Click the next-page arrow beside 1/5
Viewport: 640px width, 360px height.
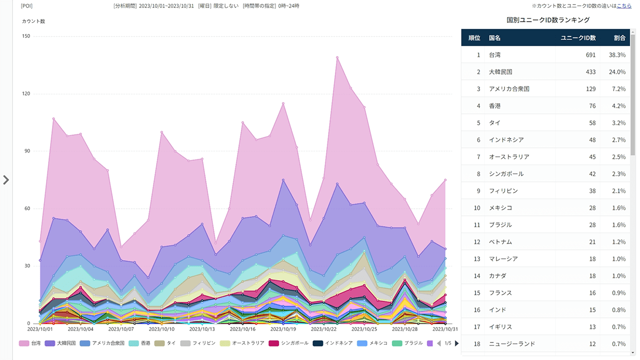pos(456,343)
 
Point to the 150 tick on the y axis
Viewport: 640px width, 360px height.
pos(26,36)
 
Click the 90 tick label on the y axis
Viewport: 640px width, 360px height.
pos(26,151)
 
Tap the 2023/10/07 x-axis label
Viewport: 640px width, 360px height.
pos(121,329)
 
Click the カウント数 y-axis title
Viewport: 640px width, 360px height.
pos(33,21)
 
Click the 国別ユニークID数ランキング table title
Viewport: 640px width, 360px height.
pos(548,20)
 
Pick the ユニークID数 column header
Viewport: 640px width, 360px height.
pos(578,38)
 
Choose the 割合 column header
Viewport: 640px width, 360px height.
pos(619,38)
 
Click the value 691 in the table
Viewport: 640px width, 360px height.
pos(590,55)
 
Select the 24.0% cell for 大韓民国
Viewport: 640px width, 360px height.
pos(617,72)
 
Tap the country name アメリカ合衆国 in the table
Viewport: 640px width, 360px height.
pos(509,89)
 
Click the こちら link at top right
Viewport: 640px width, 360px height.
pos(624,6)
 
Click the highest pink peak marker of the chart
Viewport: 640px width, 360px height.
pos(337,57)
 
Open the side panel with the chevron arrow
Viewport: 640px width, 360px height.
pos(6,180)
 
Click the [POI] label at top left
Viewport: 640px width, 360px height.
pos(26,6)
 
